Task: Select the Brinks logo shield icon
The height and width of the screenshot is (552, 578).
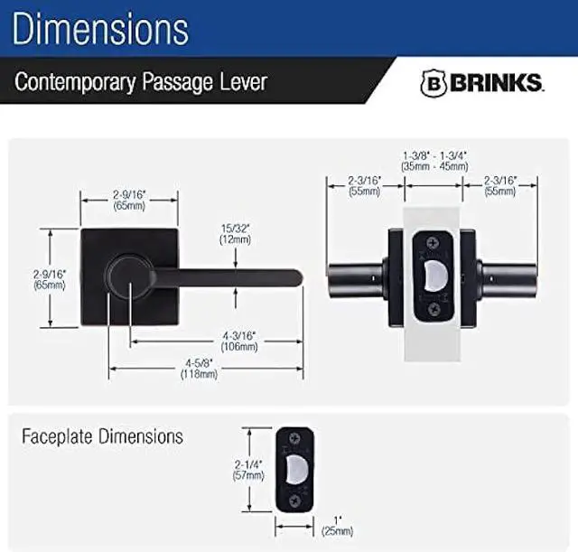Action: [433, 82]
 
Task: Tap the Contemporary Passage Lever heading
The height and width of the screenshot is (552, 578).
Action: [140, 82]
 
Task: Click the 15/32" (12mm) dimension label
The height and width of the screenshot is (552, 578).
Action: [236, 234]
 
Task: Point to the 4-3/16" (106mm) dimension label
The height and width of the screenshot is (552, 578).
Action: [237, 341]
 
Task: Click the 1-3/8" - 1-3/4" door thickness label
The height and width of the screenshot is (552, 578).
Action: [436, 161]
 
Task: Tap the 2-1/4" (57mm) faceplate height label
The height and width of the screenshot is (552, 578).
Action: [248, 469]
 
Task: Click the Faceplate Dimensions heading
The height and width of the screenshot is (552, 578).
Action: [102, 437]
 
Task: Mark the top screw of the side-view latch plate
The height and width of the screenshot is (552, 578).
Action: [434, 242]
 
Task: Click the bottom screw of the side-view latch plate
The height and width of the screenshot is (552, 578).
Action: [434, 308]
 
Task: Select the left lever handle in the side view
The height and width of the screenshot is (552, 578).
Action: [357, 276]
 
